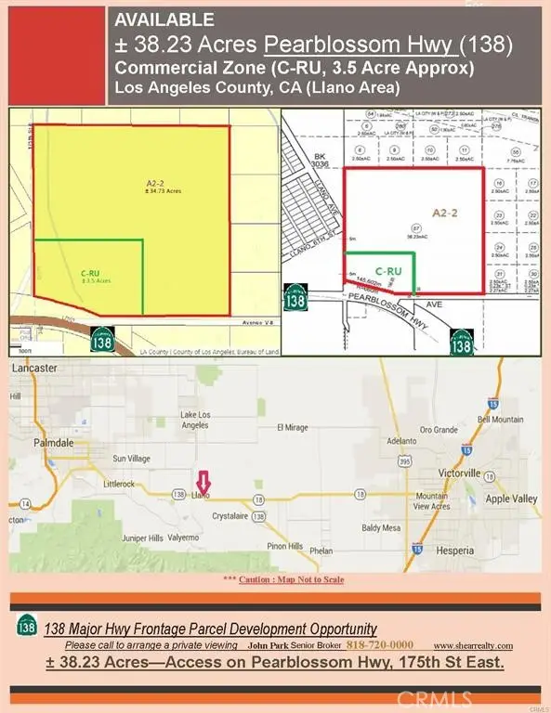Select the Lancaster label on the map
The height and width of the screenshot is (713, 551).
33,369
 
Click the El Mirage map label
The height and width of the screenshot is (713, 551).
294,429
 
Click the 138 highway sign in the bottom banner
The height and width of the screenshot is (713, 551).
28,628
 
